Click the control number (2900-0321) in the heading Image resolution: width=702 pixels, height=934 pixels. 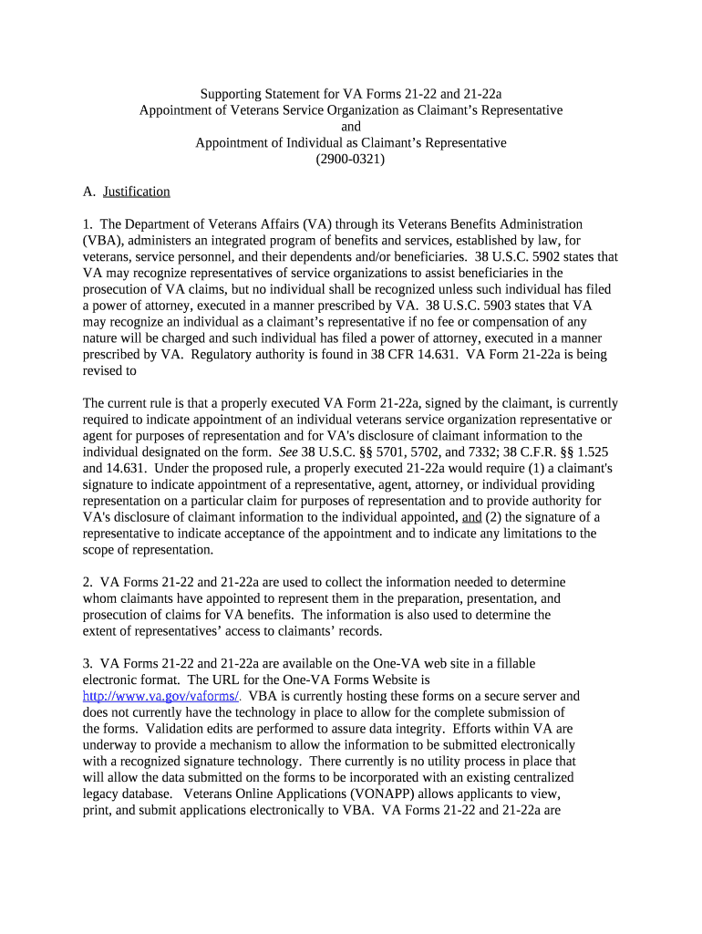[350, 159]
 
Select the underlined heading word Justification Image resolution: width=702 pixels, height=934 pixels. [136, 192]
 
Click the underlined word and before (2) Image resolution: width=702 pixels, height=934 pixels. [471, 517]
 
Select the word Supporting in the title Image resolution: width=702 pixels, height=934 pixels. [232, 94]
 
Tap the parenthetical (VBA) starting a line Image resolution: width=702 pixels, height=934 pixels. [99, 241]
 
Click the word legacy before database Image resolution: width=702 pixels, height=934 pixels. [103, 794]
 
